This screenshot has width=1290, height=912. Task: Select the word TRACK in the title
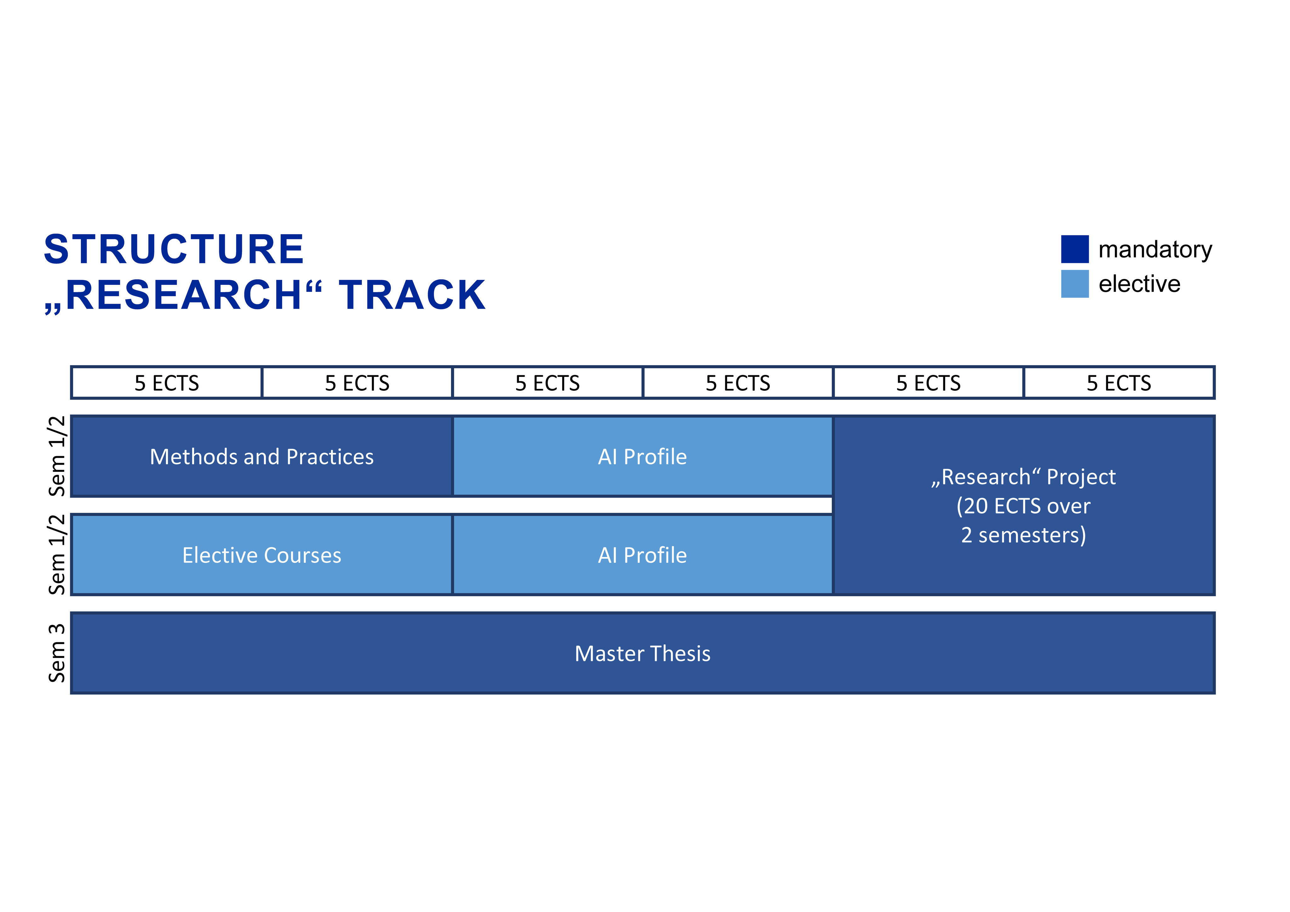point(412,295)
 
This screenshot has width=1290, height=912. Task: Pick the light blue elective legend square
point(1075,284)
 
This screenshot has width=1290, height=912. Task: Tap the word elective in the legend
point(1139,284)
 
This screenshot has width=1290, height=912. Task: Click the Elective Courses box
point(262,554)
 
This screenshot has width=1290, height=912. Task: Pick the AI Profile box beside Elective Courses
point(643,554)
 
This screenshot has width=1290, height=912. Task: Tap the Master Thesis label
point(643,654)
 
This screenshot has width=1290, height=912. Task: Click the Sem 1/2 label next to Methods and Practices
point(57,456)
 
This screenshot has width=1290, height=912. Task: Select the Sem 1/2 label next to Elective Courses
point(57,554)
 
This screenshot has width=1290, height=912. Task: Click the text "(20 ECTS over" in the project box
point(1024,506)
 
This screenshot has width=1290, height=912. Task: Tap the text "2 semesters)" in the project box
point(1024,535)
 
